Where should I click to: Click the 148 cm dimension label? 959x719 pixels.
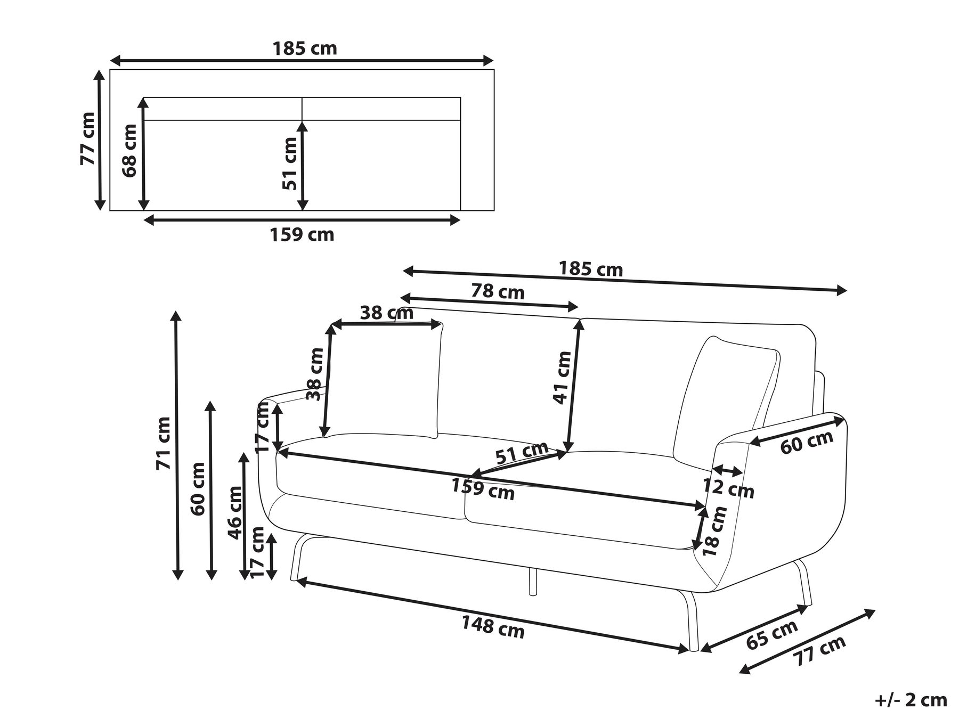[493, 627]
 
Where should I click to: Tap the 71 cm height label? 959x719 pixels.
[163, 443]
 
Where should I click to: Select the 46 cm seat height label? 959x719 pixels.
[235, 512]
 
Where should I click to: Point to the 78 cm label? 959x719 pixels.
[498, 291]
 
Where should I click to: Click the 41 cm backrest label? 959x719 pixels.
[562, 378]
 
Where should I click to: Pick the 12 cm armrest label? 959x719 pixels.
[728, 488]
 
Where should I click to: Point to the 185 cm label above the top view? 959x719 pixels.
[305, 48]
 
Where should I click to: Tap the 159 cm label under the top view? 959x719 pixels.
[302, 234]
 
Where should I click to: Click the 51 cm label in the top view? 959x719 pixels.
[289, 164]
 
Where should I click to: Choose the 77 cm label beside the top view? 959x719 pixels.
[87, 138]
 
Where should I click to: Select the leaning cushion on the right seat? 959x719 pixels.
[725, 399]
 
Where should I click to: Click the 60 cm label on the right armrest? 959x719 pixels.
[807, 442]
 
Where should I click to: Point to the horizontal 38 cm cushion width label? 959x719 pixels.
[386, 313]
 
